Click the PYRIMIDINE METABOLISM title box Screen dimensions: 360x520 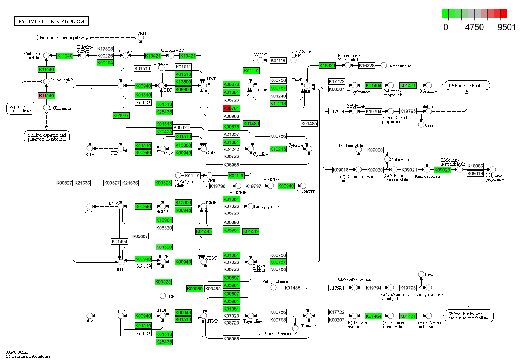pos(51,21)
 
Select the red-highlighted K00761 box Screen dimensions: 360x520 pos(231,108)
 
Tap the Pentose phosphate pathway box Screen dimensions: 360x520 pos(64,38)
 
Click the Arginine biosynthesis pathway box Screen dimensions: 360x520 pos(21,108)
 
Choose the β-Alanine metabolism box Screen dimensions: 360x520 pos(467,85)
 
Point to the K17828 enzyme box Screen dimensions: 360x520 pos(105,49)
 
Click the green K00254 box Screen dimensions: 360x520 pos(105,63)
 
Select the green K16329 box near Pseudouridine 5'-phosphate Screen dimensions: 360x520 pos(327,66)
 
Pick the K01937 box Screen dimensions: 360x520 pos(121,116)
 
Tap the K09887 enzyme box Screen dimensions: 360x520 pos(140,236)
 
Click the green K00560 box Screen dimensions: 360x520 pos(195,289)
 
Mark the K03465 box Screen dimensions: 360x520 pos(213,289)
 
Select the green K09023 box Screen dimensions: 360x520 pos(442,170)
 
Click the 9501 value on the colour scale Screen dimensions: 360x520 pos(506,27)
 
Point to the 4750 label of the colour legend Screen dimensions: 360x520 pos(474,27)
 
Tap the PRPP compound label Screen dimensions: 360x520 pos(142,33)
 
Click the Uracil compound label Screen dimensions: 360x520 pos(297,80)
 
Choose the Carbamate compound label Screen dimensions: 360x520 pos(399,160)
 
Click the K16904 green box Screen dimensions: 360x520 pos(164,220)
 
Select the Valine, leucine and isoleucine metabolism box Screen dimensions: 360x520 pos(469,316)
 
